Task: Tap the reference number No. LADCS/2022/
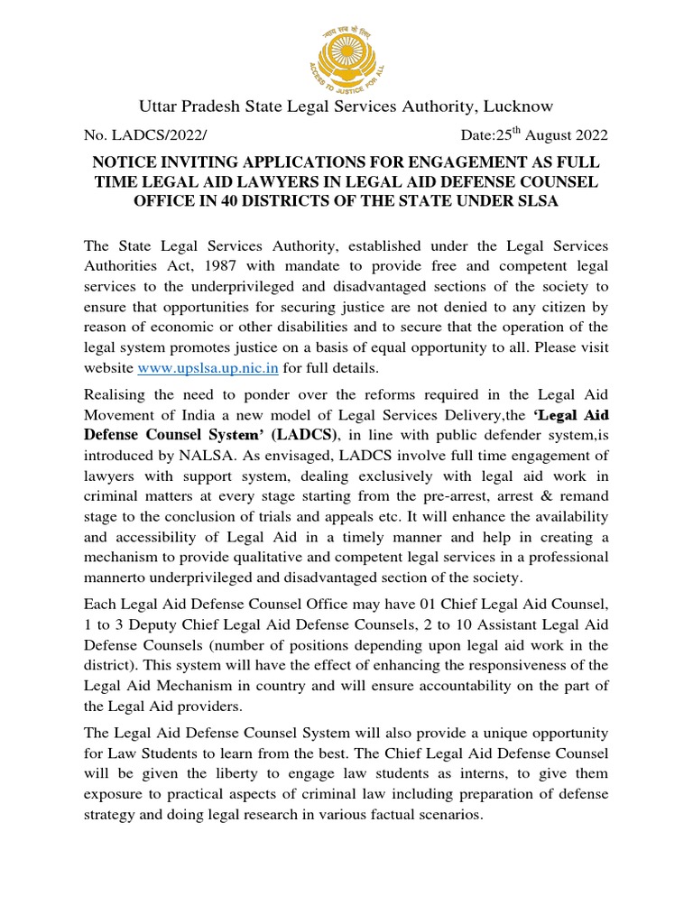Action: tap(145, 136)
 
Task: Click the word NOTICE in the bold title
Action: tap(126, 162)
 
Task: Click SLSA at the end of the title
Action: tap(539, 201)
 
